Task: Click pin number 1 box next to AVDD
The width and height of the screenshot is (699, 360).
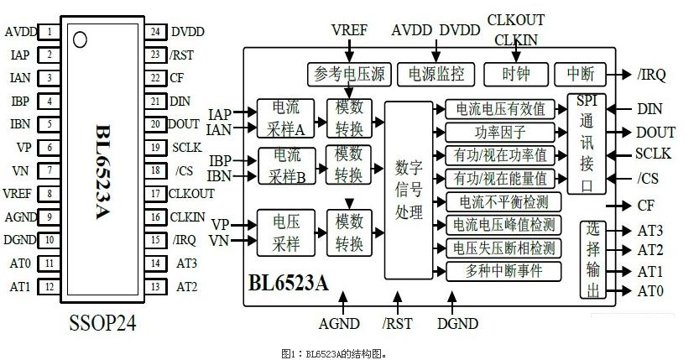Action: point(50,33)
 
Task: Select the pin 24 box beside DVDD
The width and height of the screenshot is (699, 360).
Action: point(154,33)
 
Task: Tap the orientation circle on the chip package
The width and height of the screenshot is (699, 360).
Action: point(81,39)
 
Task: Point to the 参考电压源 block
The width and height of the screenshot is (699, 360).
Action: point(348,74)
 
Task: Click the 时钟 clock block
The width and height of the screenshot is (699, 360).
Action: point(515,74)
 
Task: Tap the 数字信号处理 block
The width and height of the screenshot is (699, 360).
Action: point(408,190)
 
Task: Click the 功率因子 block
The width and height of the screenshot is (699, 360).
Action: point(500,133)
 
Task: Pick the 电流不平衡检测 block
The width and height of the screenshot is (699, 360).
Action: point(500,201)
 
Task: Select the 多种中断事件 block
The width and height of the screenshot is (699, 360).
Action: point(500,270)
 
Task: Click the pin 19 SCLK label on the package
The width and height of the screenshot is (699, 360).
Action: point(186,148)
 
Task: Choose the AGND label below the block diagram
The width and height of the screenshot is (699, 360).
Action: point(340,324)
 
